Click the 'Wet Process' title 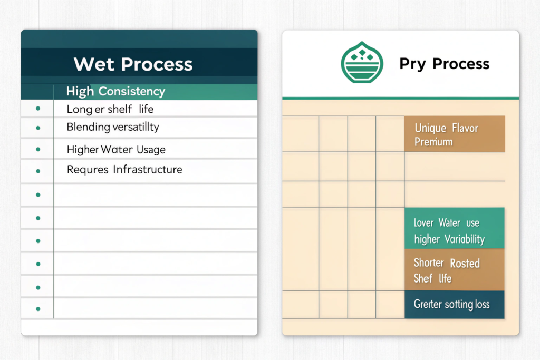(x=133, y=64)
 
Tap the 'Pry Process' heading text (x=444, y=64)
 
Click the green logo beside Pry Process (x=362, y=62)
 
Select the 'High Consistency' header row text (x=115, y=91)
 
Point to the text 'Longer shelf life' (x=110, y=109)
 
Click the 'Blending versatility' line (x=113, y=127)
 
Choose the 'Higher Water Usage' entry (x=116, y=149)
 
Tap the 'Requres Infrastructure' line (x=124, y=169)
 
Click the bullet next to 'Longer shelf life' (x=38, y=109)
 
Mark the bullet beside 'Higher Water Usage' (x=38, y=149)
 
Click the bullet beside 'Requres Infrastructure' (x=38, y=171)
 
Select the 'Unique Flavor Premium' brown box (x=455, y=134)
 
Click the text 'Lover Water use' (x=446, y=222)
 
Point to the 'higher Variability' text (x=449, y=239)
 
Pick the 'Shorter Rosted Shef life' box (x=455, y=270)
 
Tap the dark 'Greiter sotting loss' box (x=455, y=305)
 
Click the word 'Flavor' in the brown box (x=465, y=128)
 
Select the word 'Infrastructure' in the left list (x=148, y=169)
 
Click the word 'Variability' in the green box (x=465, y=239)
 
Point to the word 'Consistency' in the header (x=131, y=91)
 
